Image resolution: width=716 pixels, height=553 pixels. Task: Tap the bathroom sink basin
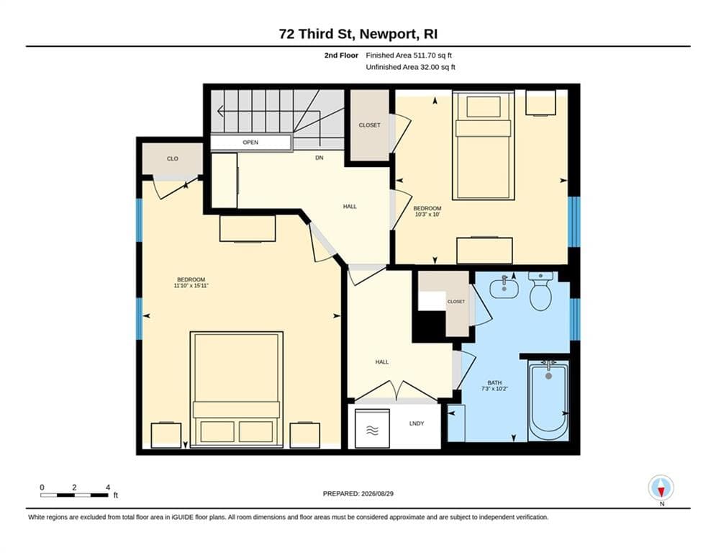point(504,288)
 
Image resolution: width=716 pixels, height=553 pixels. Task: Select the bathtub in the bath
point(548,400)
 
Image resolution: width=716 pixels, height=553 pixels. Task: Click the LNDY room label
point(417,423)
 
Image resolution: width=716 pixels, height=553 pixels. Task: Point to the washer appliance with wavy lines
point(372,428)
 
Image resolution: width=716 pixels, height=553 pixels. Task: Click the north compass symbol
point(661,487)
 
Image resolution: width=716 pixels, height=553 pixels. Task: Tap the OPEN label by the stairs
point(250,143)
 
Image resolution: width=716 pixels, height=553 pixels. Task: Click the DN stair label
point(320,158)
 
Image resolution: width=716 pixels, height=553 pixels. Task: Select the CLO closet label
point(172,158)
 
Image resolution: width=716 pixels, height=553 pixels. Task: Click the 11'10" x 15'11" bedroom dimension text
point(191,286)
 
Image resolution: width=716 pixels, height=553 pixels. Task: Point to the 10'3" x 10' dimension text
point(427,214)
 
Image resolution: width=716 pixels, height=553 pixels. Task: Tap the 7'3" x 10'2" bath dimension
point(494,389)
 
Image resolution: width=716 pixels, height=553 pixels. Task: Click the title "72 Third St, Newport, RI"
point(358,34)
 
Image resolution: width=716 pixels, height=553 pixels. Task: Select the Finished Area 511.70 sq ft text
point(409,55)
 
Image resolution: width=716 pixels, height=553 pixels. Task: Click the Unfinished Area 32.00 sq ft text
point(410,67)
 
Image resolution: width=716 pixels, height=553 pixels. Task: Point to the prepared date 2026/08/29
point(377,493)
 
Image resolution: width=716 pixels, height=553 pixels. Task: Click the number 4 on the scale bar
point(108,487)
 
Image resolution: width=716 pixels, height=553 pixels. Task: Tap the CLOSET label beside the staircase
point(369,125)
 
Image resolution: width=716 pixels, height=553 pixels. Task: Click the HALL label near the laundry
point(381,362)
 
